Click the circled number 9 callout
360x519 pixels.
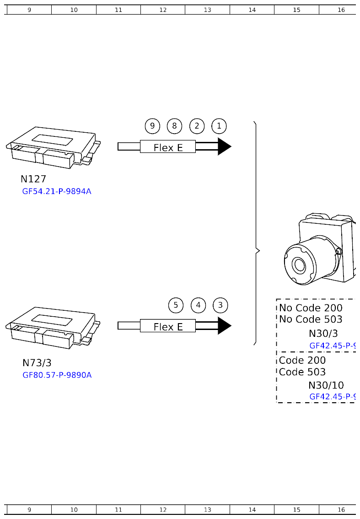tap(152, 126)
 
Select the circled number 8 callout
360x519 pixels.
tap(174, 126)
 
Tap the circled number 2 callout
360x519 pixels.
tap(197, 126)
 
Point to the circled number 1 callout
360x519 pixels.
tap(219, 126)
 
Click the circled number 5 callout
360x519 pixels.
tap(176, 305)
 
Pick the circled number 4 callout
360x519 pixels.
tap(198, 305)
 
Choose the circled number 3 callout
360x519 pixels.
tap(220, 305)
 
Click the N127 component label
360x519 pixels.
tap(33, 179)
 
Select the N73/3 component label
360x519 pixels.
tap(37, 363)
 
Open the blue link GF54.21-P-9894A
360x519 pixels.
tap(57, 191)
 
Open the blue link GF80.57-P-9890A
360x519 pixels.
tap(57, 375)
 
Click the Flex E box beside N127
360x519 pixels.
tap(168, 147)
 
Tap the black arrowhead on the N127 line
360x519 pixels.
tap(224, 146)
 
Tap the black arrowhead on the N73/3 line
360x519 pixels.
tap(224, 326)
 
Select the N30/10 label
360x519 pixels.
tap(326, 385)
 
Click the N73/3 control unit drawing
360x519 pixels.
tap(53, 326)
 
